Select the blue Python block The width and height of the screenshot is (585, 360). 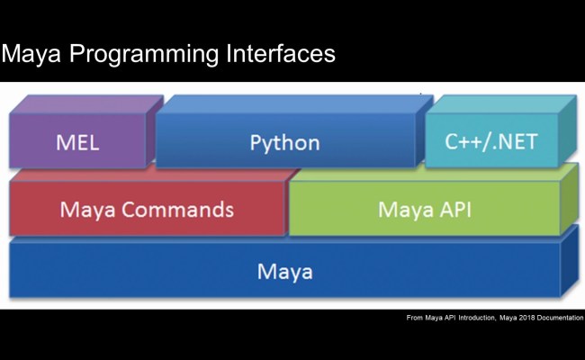click(284, 141)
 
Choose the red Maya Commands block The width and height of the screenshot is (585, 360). click(147, 210)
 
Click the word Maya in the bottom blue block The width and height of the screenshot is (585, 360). click(284, 270)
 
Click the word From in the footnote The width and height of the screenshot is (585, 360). click(415, 318)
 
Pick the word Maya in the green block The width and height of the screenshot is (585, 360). click(400, 210)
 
